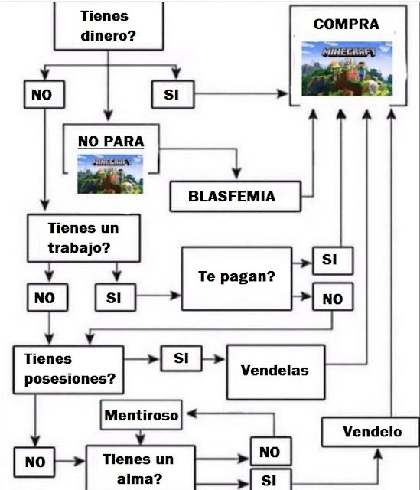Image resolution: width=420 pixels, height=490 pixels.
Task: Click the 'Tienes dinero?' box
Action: pyautogui.click(x=109, y=25)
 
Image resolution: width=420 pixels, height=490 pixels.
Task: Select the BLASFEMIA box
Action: pyautogui.click(x=236, y=196)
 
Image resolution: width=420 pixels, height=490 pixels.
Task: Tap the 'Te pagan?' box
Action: pyautogui.click(x=236, y=279)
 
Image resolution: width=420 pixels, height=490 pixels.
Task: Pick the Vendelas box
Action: pyautogui.click(x=275, y=372)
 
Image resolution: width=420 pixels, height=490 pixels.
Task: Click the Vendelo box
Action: pyautogui.click(x=371, y=432)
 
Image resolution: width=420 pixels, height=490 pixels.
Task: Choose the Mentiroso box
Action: pyautogui.click(x=141, y=415)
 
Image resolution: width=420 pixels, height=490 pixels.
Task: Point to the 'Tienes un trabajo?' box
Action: pyautogui.click(x=83, y=238)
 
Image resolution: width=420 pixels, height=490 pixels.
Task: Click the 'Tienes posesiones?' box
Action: pyautogui.click(x=68, y=369)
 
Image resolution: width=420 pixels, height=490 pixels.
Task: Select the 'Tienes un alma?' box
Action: pyautogui.click(x=141, y=468)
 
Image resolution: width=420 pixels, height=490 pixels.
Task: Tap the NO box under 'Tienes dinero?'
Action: pyautogui.click(x=44, y=94)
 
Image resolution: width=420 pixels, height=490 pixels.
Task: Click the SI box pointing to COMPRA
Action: pyautogui.click(x=173, y=94)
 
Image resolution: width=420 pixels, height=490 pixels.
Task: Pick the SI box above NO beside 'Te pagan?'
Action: pyautogui.click(x=333, y=260)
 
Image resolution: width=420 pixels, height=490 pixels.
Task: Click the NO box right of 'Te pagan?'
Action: pyautogui.click(x=333, y=296)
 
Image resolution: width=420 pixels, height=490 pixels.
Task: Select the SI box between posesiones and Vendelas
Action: pyautogui.click(x=181, y=358)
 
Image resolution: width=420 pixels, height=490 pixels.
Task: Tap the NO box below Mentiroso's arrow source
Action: pyautogui.click(x=271, y=451)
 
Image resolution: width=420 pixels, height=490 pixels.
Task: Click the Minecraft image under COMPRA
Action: pyautogui.click(x=347, y=68)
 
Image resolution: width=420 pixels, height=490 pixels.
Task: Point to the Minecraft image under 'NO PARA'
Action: pyautogui.click(x=110, y=174)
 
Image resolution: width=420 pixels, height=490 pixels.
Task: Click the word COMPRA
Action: pyautogui.click(x=347, y=24)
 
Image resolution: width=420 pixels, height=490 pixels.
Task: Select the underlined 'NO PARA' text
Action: pyautogui.click(x=111, y=142)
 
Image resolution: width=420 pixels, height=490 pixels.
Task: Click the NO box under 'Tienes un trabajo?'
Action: pyautogui.click(x=47, y=298)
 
